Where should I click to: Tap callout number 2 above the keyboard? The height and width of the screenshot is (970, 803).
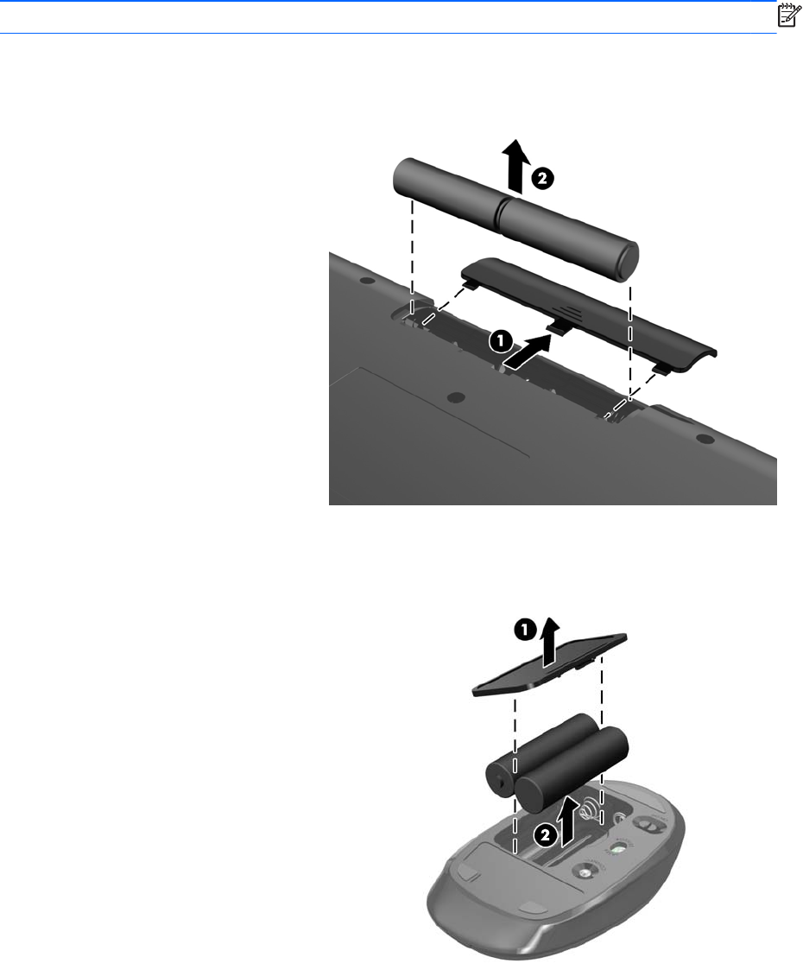(x=541, y=180)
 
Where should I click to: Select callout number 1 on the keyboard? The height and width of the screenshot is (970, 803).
(x=499, y=340)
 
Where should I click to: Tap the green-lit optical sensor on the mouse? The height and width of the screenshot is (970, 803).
(x=618, y=850)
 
